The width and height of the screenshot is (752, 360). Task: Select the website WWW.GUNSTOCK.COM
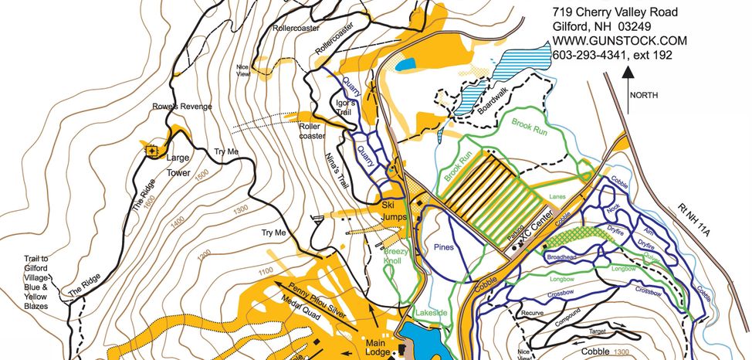620,40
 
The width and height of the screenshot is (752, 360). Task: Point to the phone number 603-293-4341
595,55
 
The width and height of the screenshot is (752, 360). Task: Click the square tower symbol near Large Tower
152,150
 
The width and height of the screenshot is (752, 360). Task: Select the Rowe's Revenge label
181,107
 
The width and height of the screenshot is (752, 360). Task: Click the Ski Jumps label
395,211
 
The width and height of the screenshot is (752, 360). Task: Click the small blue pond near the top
405,65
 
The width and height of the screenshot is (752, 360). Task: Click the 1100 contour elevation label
266,270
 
